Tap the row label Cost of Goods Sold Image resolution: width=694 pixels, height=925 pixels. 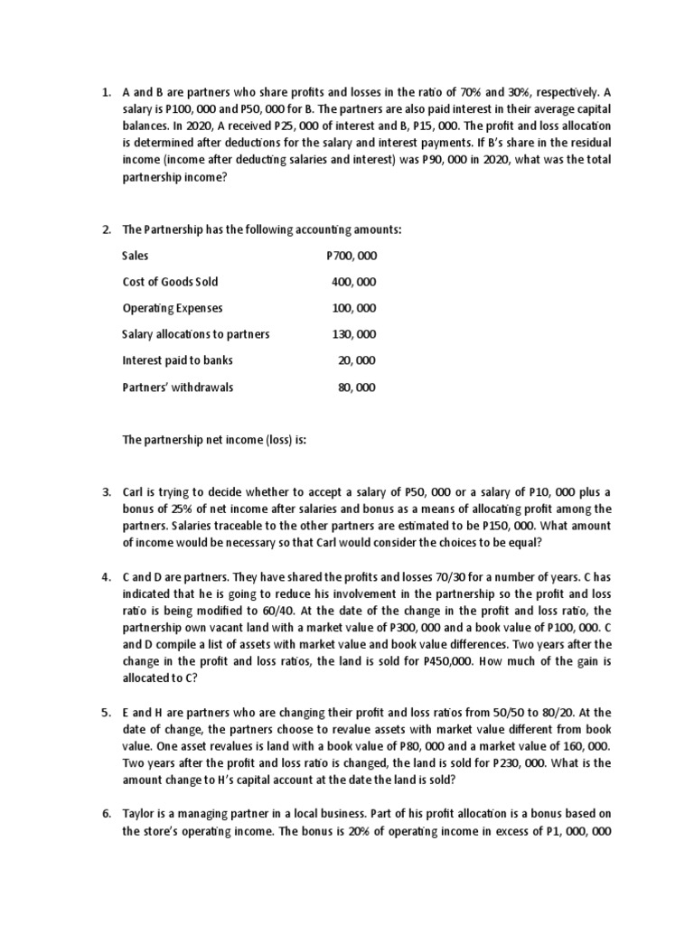point(170,283)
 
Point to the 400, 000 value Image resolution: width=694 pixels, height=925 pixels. point(355,283)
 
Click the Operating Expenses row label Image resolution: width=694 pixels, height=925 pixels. point(172,309)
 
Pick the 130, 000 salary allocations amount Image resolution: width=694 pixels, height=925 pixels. point(355,335)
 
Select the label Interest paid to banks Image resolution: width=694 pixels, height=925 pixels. point(177,361)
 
